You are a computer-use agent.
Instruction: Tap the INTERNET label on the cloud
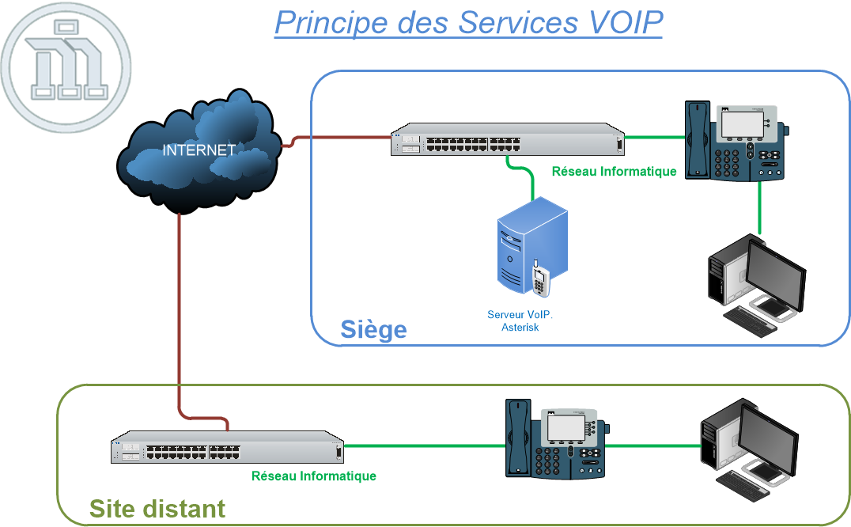click(199, 150)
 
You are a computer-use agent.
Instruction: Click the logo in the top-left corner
click(66, 66)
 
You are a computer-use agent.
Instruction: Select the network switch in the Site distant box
click(226, 448)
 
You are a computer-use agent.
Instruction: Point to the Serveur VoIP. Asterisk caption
click(520, 320)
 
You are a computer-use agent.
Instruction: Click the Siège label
click(373, 329)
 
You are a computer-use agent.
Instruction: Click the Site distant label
click(157, 508)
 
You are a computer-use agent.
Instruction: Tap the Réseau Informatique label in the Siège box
click(614, 171)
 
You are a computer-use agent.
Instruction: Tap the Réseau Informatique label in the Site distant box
click(313, 476)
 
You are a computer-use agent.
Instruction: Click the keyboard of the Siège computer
click(750, 321)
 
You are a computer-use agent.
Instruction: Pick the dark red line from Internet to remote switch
click(180, 317)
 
